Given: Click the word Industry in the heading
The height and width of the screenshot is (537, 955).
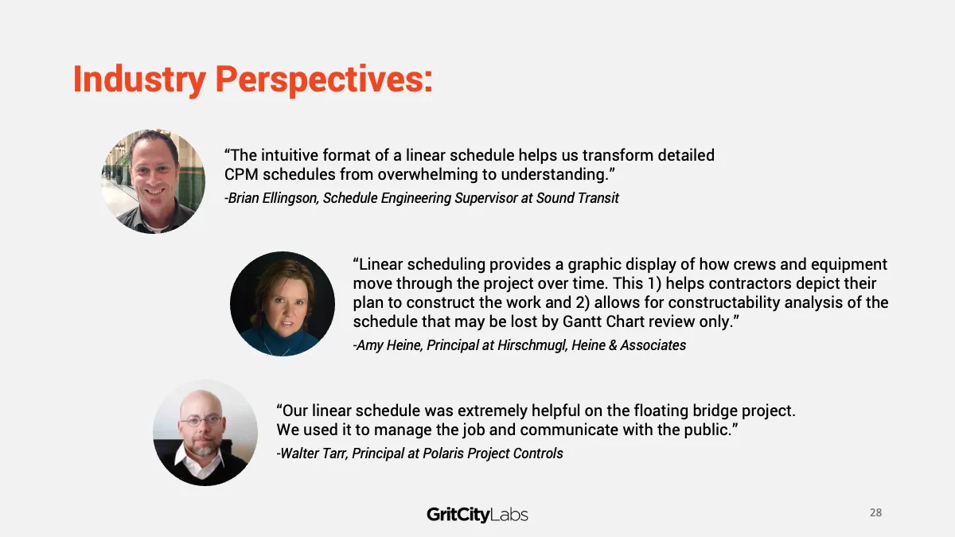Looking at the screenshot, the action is [139, 80].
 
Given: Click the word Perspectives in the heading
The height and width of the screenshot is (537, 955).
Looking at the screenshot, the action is [321, 80].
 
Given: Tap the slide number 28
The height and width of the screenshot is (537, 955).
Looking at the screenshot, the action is [875, 512].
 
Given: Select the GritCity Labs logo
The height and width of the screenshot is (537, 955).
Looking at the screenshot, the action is [477, 515].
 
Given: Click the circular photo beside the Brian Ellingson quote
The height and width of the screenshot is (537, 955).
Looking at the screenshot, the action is [153, 181].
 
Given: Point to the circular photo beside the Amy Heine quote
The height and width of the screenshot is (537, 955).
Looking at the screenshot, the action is [283, 304].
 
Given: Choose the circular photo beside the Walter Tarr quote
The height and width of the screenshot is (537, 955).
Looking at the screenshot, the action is [205, 433].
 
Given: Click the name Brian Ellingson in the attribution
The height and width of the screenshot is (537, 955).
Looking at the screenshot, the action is [272, 198].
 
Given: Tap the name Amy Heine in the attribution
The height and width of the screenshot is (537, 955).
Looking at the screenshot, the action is [389, 345].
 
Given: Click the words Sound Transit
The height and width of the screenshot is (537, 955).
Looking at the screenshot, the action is [578, 198].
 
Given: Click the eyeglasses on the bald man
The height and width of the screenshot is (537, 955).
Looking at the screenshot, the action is [201, 421].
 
